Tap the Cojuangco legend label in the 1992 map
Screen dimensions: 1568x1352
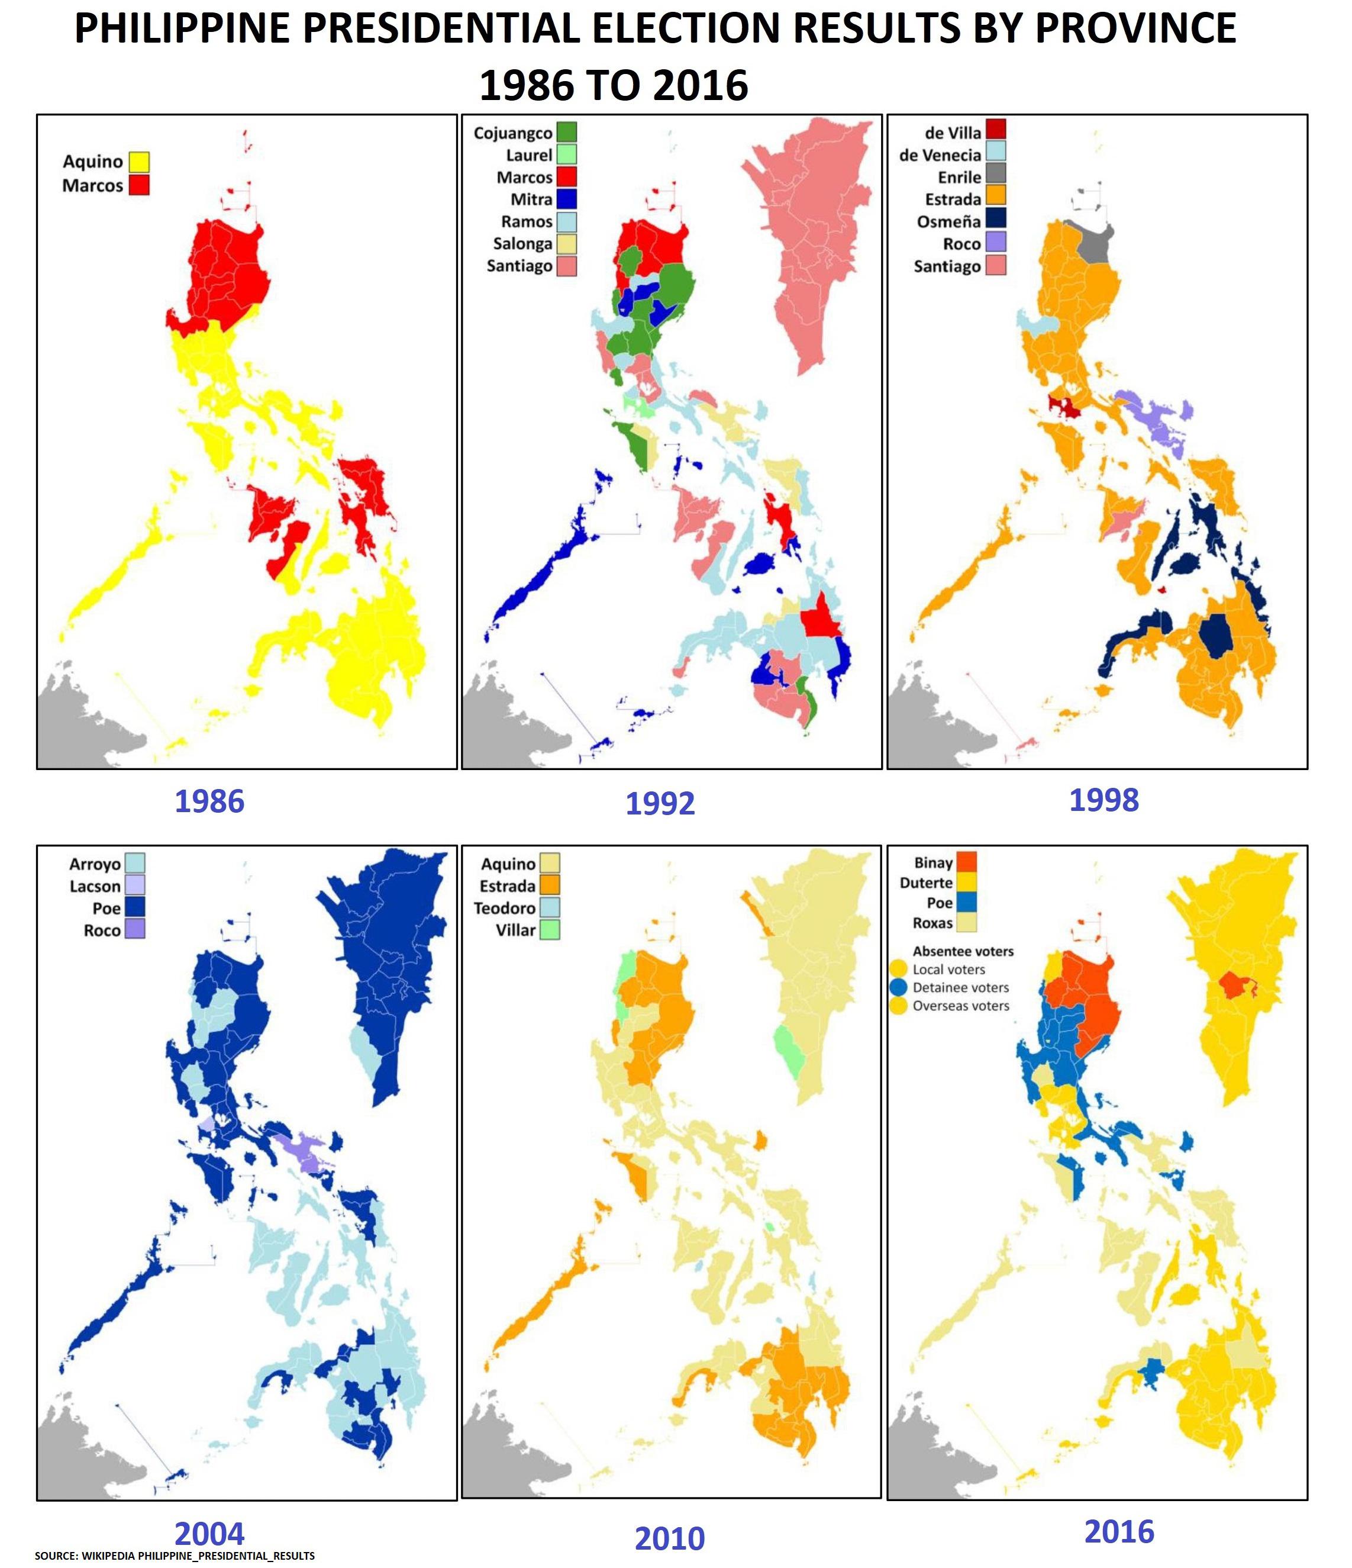tap(512, 133)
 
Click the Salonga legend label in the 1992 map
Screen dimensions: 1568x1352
tap(522, 244)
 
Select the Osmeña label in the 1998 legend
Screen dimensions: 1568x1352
tap(948, 222)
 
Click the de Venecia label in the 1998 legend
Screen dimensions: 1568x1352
tap(940, 155)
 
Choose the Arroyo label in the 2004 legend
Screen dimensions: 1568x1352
tap(95, 864)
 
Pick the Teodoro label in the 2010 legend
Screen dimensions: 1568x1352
tap(504, 908)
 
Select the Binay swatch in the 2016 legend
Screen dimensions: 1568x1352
tap(967, 862)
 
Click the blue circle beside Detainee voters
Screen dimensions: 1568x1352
tap(899, 987)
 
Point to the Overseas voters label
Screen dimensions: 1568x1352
tap(961, 1006)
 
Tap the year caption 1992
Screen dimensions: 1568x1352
tap(660, 804)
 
